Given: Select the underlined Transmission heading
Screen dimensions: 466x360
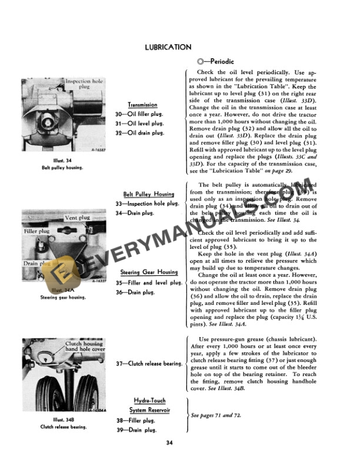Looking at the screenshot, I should coord(142,105).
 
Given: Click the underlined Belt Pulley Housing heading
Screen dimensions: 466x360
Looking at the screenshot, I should coord(148,194).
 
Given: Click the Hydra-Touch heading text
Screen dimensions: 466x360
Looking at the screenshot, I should coord(149,401).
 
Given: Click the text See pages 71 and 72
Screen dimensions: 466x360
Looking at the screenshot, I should coord(216,415).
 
